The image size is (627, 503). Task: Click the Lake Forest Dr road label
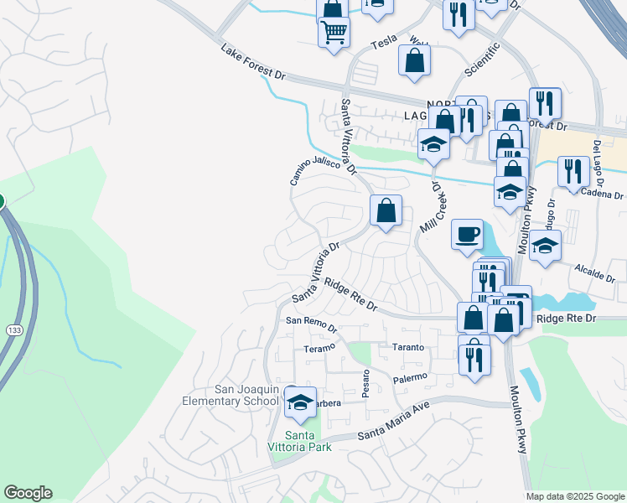(x=254, y=63)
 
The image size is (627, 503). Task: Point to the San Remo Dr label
(x=311, y=322)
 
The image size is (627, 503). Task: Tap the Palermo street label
(x=410, y=379)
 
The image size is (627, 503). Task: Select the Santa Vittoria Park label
(x=308, y=440)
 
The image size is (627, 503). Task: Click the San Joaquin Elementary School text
(x=232, y=394)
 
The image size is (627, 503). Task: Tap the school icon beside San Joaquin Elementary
(x=300, y=402)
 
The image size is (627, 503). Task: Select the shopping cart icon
(x=334, y=33)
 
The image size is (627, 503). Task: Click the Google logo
(x=28, y=493)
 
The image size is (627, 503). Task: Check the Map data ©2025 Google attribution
(x=574, y=496)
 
